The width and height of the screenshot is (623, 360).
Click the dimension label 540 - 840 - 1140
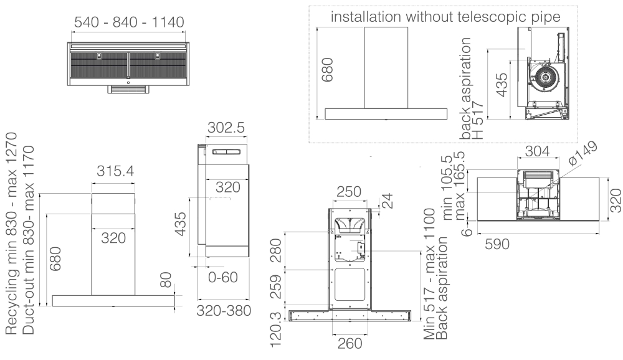click(x=129, y=23)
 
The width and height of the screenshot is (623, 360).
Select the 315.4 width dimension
click(x=114, y=171)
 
